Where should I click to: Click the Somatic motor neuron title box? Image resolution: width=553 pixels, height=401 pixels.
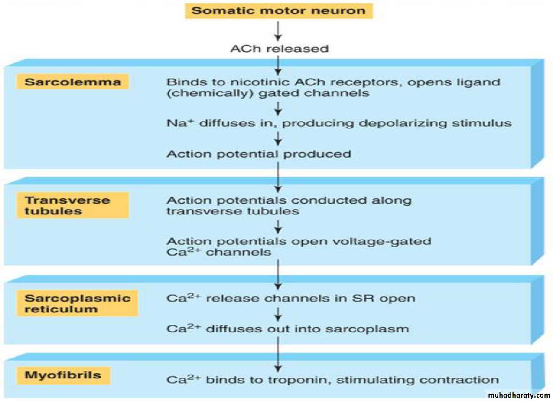click(279, 10)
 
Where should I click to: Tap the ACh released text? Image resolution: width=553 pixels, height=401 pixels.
click(279, 48)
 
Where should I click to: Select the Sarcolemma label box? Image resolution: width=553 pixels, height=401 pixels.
click(73, 82)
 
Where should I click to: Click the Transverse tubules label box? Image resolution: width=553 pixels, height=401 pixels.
click(73, 206)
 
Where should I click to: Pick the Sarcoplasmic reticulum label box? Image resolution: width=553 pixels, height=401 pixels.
click(77, 304)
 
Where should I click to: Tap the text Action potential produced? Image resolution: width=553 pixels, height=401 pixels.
click(259, 154)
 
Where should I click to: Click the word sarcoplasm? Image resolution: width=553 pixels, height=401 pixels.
click(373, 328)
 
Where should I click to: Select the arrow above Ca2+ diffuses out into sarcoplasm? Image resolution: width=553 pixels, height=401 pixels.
click(279, 313)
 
